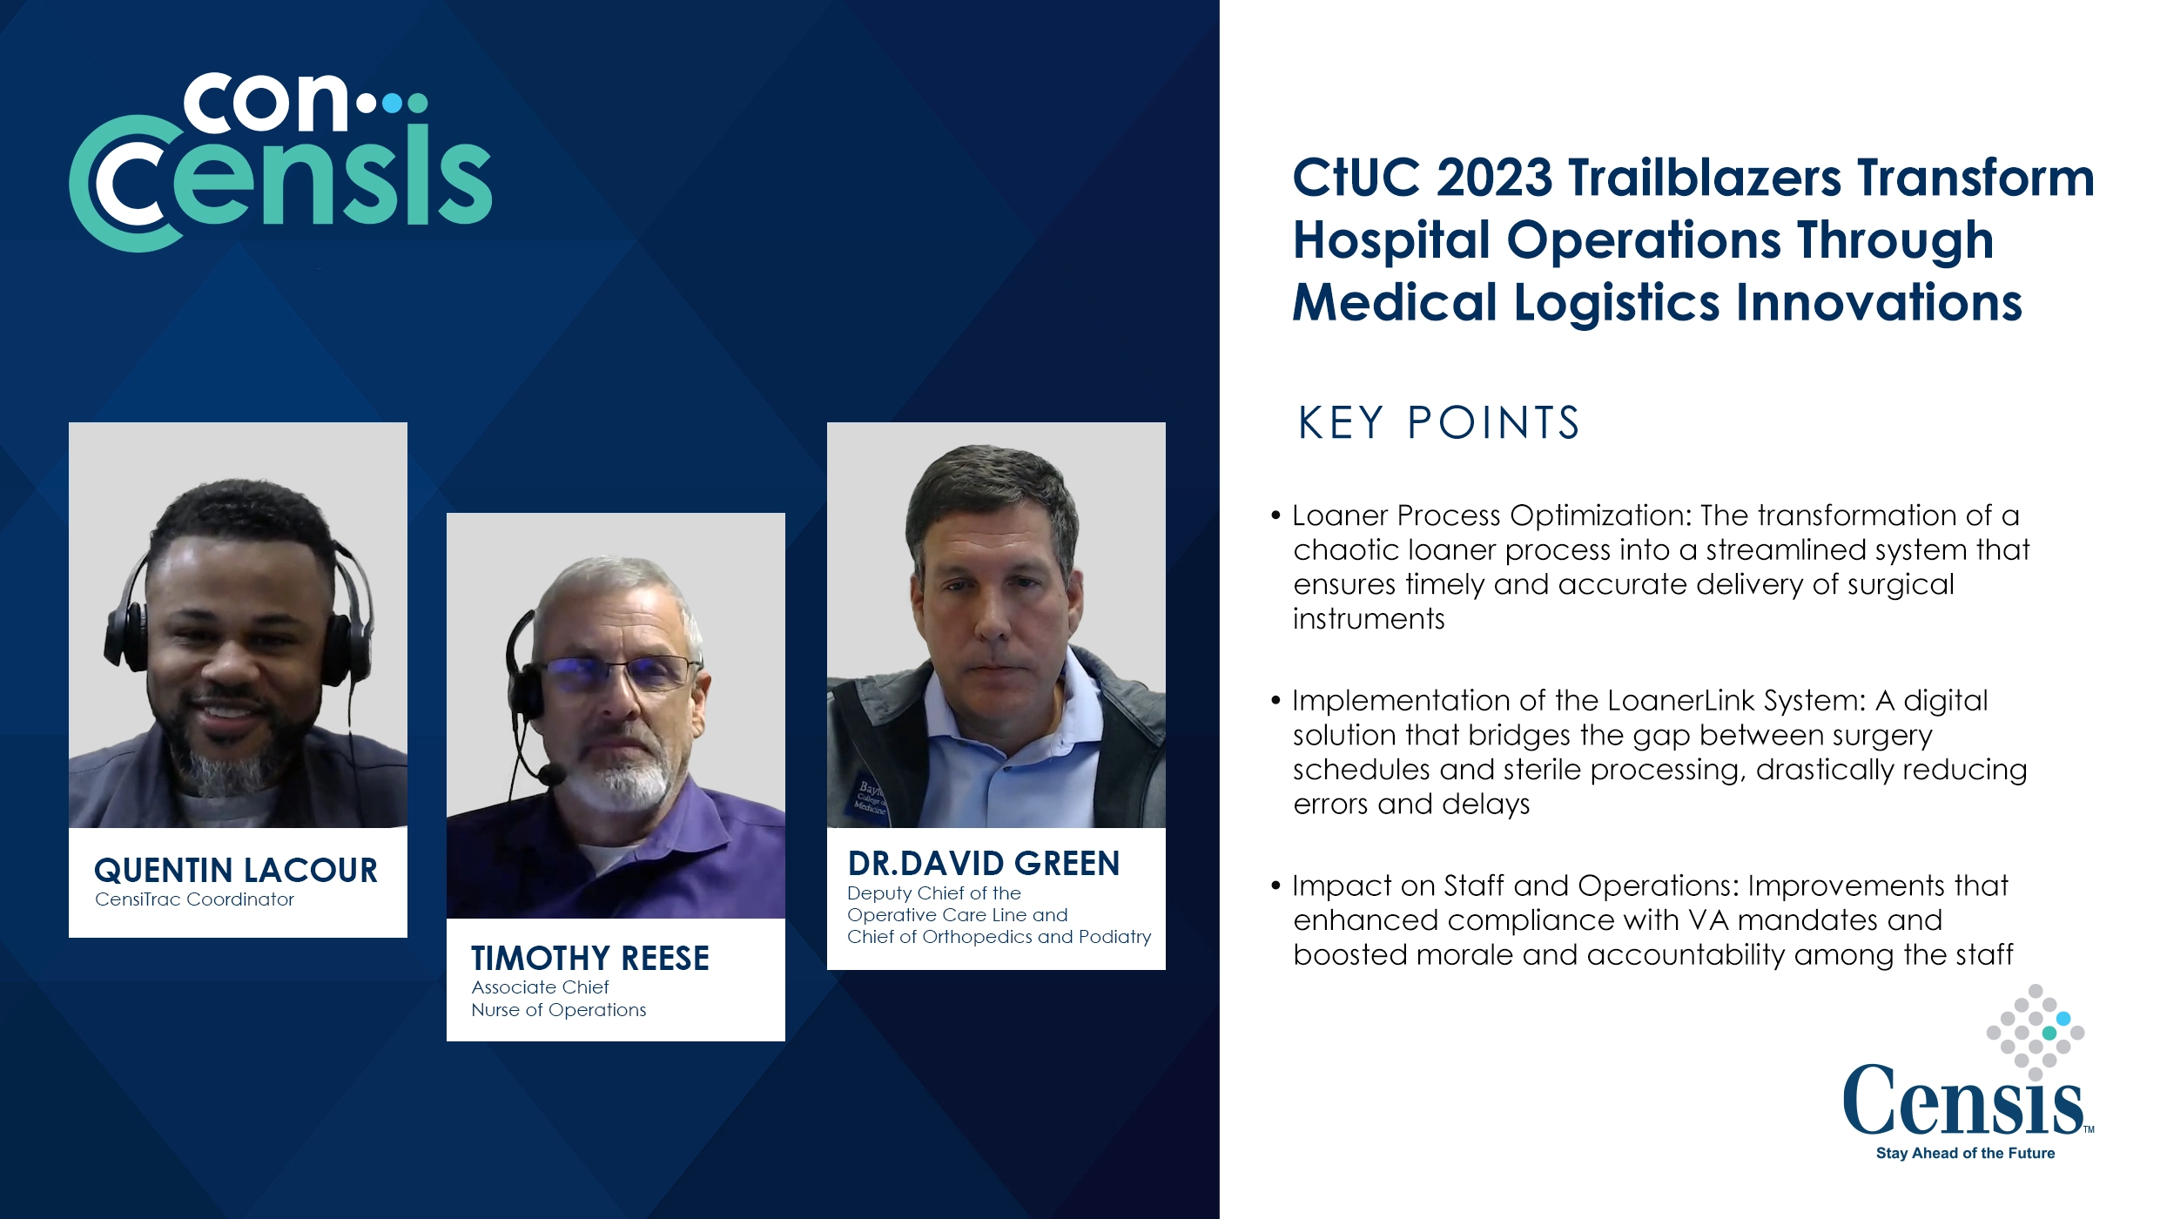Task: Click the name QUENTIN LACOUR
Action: tap(235, 870)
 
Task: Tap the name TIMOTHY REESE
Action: tap(589, 958)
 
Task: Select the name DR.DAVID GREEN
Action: tap(983, 863)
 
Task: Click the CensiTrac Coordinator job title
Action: tap(194, 899)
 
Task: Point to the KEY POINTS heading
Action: tap(1437, 423)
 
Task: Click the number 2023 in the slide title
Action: tap(1494, 178)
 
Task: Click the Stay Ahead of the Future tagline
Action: tap(1965, 1153)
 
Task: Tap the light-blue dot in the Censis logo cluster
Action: tap(2063, 1019)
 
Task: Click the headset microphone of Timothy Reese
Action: tap(551, 772)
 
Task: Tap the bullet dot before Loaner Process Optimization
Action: tap(1275, 515)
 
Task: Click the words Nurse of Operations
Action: tap(558, 1010)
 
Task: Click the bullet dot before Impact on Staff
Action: tap(1275, 886)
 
